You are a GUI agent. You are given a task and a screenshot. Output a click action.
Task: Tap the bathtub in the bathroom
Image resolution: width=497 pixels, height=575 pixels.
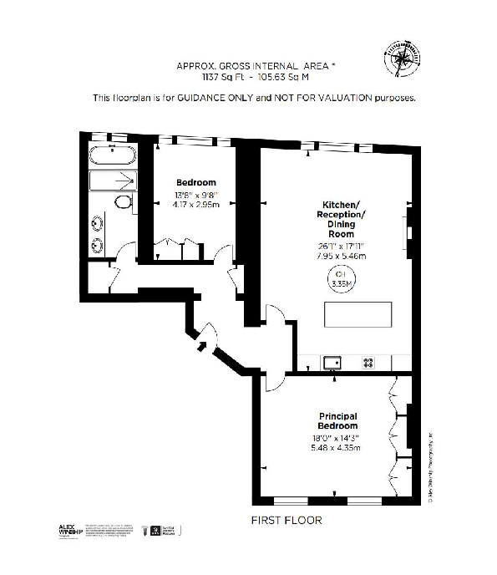(x=113, y=155)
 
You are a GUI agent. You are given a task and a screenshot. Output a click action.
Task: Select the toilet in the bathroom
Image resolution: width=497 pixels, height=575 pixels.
(x=122, y=202)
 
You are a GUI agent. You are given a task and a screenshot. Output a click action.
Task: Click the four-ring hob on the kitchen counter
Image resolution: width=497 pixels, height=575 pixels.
(x=368, y=363)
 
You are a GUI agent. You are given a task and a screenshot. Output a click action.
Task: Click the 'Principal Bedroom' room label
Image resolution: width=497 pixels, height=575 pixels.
(x=338, y=420)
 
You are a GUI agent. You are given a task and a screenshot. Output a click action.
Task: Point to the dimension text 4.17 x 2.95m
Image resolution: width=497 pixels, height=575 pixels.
(x=196, y=204)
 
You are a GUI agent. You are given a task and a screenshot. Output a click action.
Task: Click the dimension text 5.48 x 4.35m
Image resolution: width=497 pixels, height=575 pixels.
(x=338, y=448)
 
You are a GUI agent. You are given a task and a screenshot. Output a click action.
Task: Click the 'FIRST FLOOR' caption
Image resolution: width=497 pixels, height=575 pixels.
(x=287, y=520)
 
